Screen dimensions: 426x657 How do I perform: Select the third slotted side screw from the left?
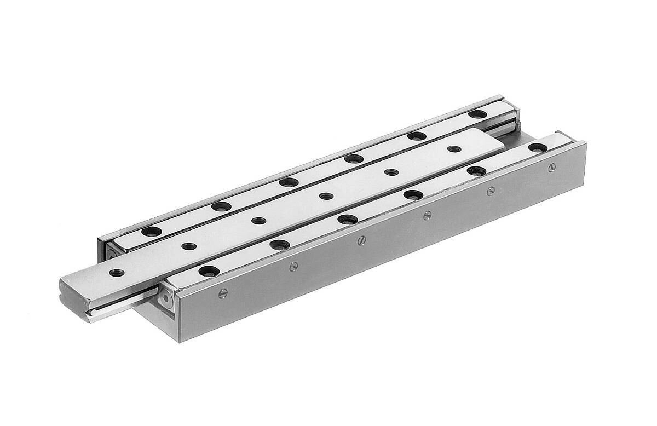[361, 239]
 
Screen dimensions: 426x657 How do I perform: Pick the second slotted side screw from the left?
[294, 267]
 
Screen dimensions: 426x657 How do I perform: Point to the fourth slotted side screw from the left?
[427, 214]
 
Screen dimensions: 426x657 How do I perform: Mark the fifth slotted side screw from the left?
[491, 191]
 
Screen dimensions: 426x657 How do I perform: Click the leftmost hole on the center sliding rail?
[116, 272]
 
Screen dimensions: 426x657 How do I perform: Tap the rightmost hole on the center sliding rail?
[453, 148]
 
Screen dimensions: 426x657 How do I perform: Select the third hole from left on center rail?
[259, 221]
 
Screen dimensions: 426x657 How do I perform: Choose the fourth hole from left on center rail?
[326, 195]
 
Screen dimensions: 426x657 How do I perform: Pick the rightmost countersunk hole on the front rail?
[538, 148]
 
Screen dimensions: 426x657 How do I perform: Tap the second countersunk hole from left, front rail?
[280, 244]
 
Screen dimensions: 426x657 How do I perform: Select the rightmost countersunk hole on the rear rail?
[478, 114]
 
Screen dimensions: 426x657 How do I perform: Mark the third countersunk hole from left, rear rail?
[287, 182]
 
